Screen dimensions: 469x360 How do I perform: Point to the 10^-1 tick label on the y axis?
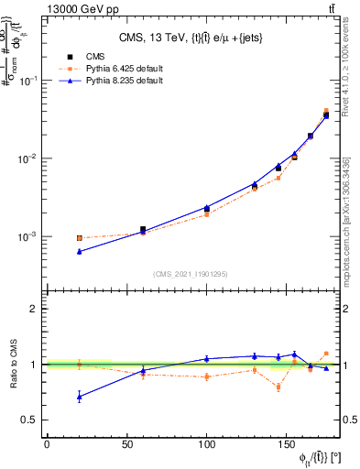pyautogui.click(x=28, y=81)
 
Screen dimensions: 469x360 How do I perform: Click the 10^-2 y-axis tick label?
pyautogui.click(x=28, y=158)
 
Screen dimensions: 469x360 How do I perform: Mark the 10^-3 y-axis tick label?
pyautogui.click(x=28, y=236)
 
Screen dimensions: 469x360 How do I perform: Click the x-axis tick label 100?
pyautogui.click(x=207, y=446)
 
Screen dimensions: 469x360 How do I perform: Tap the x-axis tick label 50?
pyautogui.click(x=126, y=446)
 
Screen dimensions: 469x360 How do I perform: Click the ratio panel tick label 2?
pyautogui.click(x=33, y=309)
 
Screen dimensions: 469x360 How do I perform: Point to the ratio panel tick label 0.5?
pyautogui.click(x=29, y=420)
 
